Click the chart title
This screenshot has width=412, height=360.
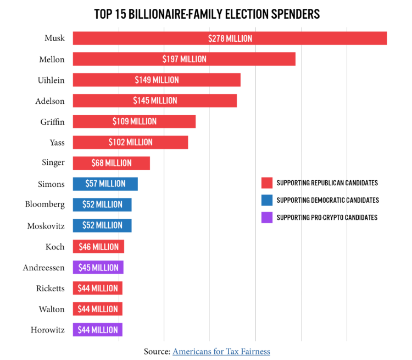206,14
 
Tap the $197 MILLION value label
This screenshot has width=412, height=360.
184,59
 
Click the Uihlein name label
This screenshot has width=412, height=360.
51,80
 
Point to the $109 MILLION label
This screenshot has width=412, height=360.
135,121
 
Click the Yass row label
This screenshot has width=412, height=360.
57,142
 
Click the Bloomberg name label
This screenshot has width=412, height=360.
44,204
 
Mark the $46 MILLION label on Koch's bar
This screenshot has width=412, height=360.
98,247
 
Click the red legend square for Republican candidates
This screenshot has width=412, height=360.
267,183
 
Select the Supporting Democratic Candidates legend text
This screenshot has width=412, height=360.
327,201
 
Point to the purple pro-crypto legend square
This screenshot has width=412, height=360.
267,218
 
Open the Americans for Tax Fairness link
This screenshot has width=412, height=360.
221,351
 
